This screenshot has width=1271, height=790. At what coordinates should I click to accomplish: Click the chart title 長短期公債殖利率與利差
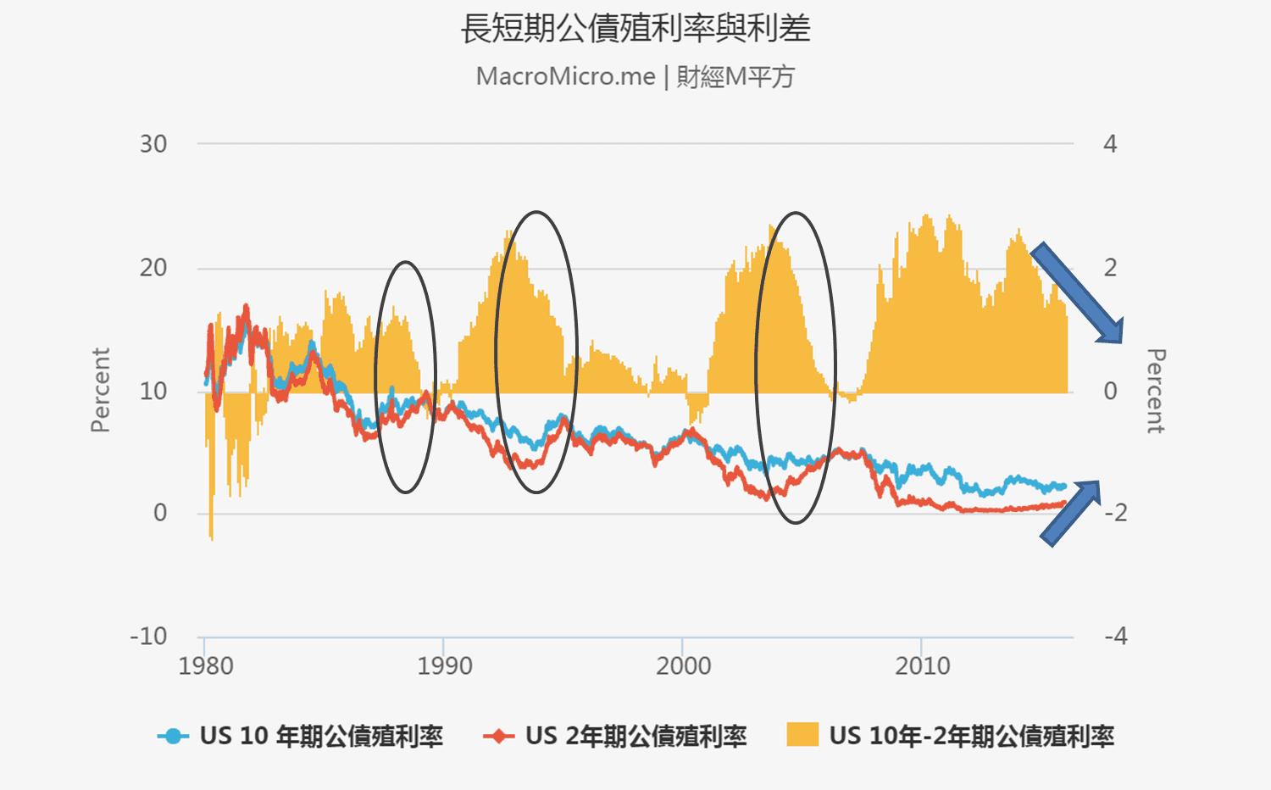click(x=635, y=29)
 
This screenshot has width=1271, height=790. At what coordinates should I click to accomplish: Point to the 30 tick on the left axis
click(x=153, y=144)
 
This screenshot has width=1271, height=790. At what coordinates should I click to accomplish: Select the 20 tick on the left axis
click(x=153, y=268)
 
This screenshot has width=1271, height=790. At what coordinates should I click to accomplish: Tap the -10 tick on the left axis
click(x=148, y=636)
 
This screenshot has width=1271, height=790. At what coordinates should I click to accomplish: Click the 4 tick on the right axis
click(x=1110, y=144)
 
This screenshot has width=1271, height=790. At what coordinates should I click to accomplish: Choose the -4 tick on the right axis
click(x=1116, y=636)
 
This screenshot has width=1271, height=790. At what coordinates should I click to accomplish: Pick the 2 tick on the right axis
click(x=1110, y=268)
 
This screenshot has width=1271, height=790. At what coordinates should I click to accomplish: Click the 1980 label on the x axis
click(x=205, y=666)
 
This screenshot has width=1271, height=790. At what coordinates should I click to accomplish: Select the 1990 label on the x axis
click(x=444, y=666)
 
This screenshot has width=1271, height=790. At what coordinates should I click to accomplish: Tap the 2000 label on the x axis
click(x=683, y=666)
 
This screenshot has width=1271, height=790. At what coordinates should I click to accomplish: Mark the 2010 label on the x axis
click(x=922, y=666)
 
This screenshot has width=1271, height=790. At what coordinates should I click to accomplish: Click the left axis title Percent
click(x=101, y=390)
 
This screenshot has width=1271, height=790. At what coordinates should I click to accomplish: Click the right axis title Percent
click(x=1156, y=391)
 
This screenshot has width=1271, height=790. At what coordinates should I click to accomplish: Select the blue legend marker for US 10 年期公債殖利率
click(x=173, y=736)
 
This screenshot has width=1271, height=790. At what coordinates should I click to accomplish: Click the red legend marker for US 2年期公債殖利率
click(x=498, y=736)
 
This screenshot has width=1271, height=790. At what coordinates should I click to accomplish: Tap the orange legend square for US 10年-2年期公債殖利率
click(x=802, y=734)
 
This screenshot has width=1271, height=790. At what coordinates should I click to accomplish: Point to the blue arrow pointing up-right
click(x=1070, y=513)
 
